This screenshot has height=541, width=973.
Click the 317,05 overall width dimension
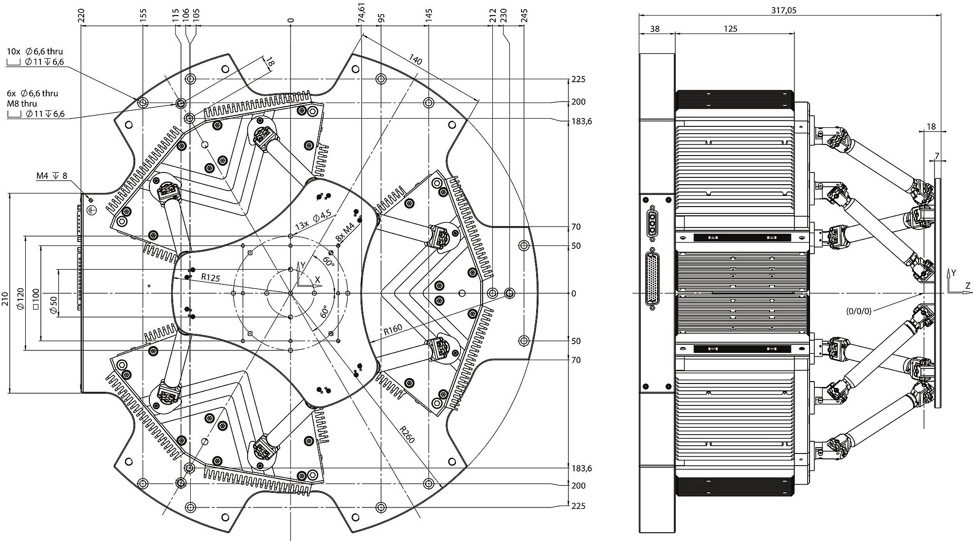[783, 10]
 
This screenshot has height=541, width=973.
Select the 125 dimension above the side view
[730, 29]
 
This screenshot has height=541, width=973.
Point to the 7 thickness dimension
[937, 156]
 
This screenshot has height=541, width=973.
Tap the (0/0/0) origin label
[859, 310]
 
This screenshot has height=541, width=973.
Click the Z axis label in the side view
[968, 287]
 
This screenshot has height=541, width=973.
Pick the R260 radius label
[407, 434]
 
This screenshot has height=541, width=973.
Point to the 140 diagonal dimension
[415, 60]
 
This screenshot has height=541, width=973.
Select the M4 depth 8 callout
[52, 175]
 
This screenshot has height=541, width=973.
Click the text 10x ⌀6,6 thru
[35, 51]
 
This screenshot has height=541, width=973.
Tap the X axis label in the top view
[318, 279]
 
